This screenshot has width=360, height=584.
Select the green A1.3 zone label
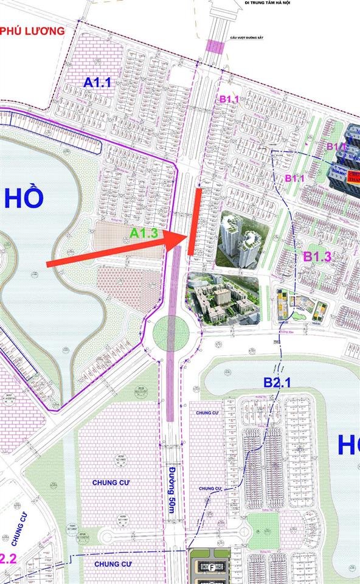[144, 232]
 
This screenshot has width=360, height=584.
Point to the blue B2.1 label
[278, 382]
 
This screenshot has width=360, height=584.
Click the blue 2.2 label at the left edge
[7, 558]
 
